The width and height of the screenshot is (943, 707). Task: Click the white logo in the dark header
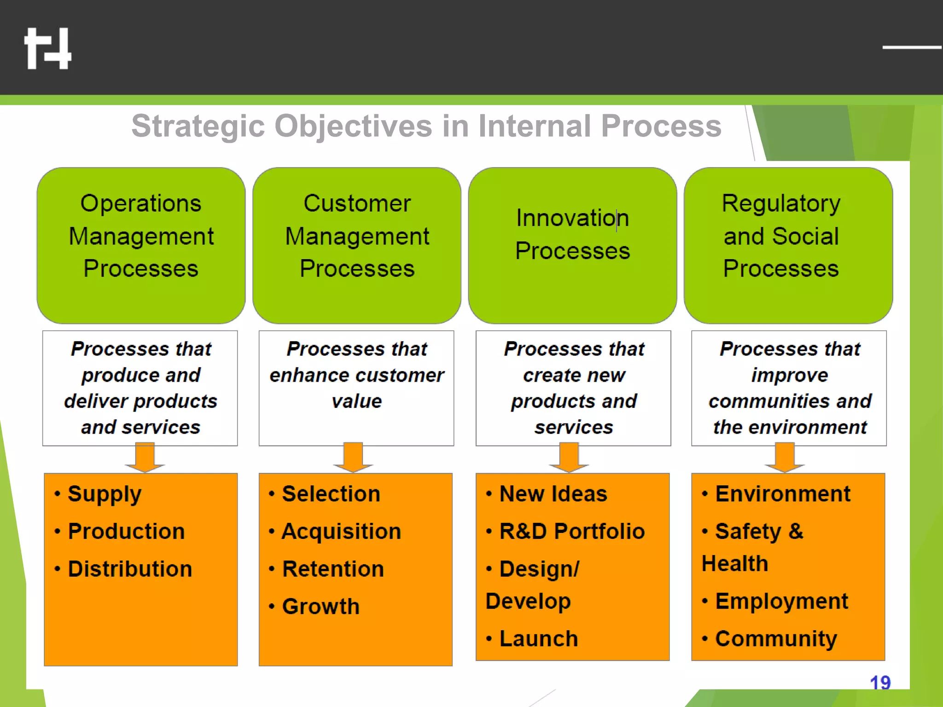click(48, 48)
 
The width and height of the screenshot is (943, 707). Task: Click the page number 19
click(880, 682)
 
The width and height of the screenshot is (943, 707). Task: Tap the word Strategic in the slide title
click(198, 126)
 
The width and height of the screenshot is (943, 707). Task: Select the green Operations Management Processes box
click(141, 245)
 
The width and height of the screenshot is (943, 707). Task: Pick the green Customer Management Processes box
click(357, 245)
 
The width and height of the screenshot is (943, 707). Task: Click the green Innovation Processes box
click(572, 245)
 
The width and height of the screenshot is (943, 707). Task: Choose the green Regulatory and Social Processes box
click(788, 245)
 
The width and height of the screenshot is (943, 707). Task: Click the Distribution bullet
click(129, 569)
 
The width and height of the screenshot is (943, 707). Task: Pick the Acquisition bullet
click(341, 532)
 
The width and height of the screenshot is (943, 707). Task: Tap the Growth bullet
click(320, 606)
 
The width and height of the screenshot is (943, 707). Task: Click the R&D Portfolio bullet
click(571, 532)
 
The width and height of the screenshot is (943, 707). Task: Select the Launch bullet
click(538, 639)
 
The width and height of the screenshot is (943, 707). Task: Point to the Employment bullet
click(781, 601)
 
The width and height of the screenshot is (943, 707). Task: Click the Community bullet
click(775, 639)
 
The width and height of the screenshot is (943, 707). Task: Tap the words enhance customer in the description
click(356, 375)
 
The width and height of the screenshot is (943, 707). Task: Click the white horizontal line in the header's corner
click(912, 47)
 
